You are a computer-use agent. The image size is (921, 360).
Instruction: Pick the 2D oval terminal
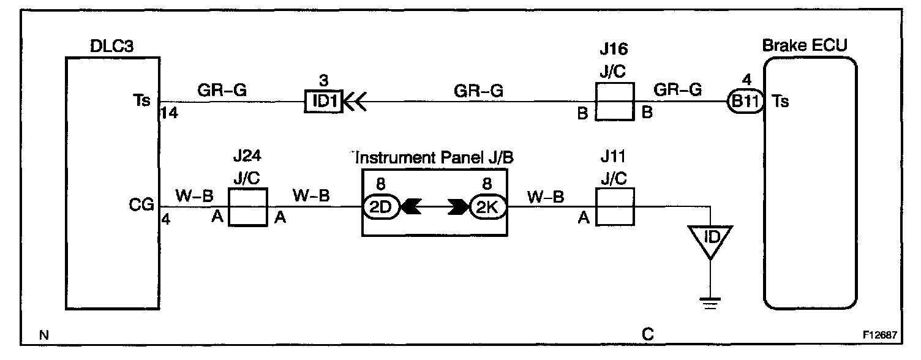(x=381, y=208)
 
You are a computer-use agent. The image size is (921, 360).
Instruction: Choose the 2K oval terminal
(x=487, y=208)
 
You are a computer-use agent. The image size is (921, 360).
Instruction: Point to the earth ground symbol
(x=710, y=303)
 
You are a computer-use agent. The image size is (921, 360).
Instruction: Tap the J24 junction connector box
(x=247, y=208)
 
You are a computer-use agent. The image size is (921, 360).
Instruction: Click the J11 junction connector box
(x=614, y=208)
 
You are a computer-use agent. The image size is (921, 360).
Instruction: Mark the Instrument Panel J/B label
(x=434, y=157)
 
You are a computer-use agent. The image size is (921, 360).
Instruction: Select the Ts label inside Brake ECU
(x=781, y=101)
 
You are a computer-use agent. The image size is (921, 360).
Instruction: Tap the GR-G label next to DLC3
(x=222, y=90)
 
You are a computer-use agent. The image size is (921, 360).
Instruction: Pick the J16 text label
(x=614, y=48)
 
